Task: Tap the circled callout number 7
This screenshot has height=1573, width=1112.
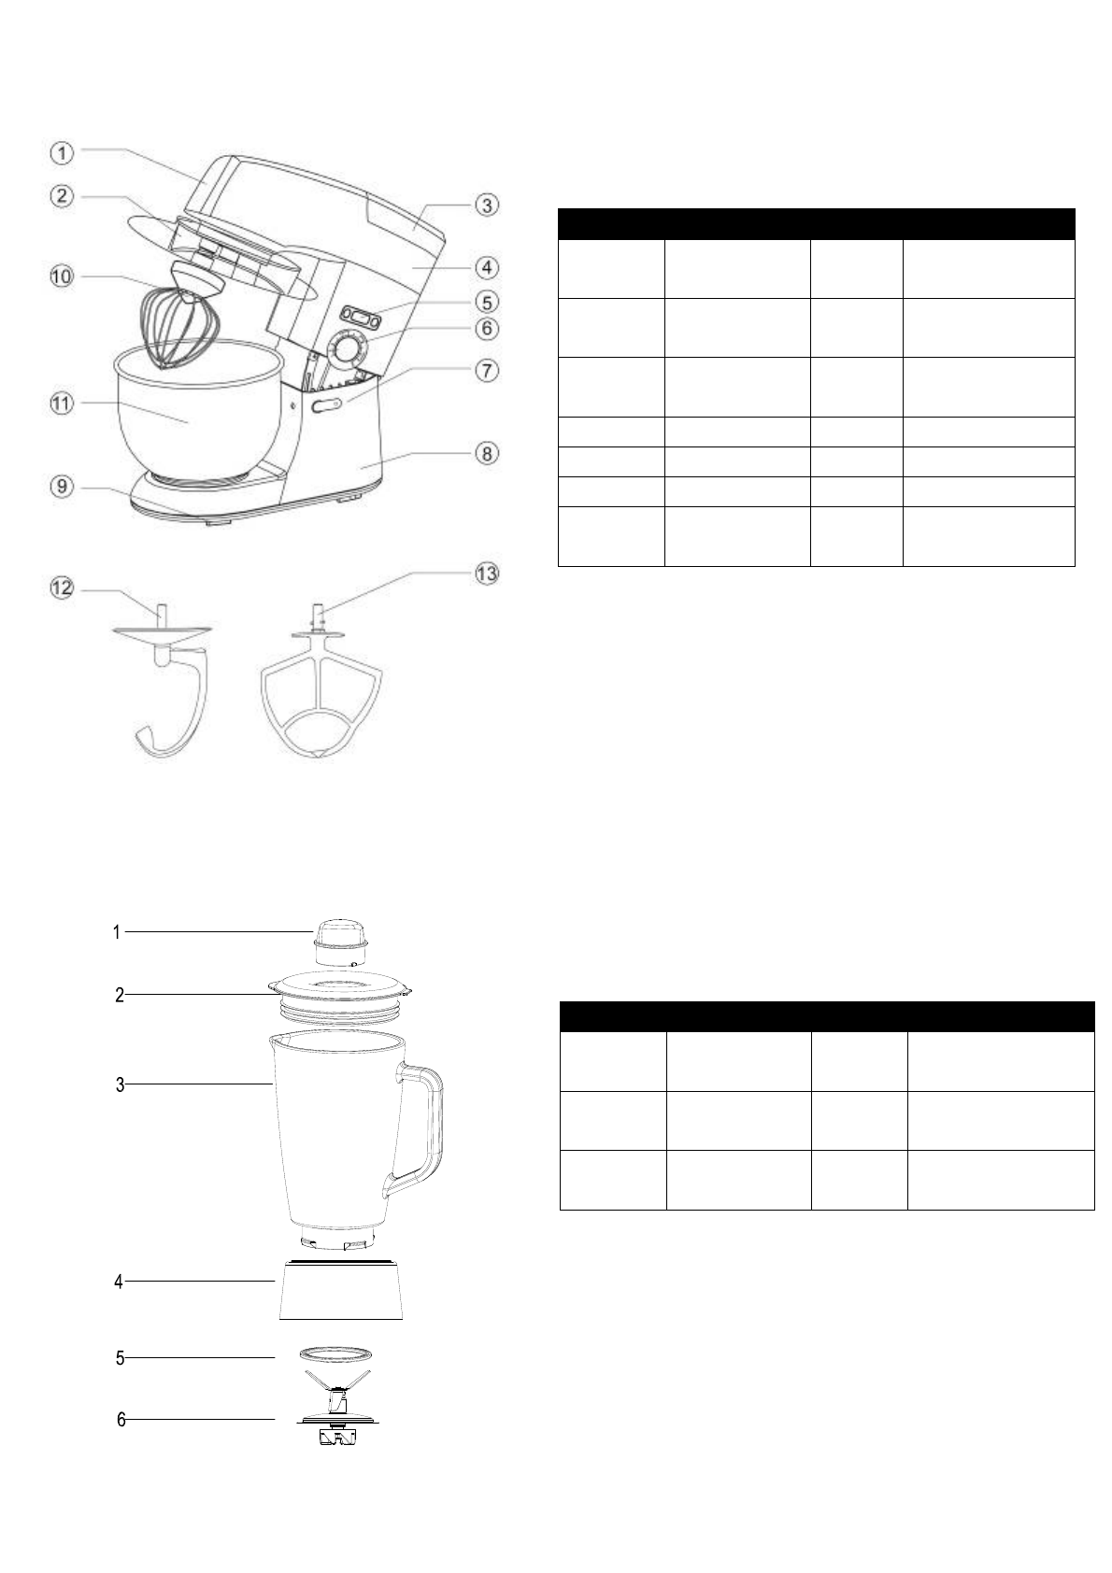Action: coord(487,370)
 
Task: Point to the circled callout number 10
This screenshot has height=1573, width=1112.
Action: coord(62,277)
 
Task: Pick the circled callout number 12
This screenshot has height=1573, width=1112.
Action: coord(62,588)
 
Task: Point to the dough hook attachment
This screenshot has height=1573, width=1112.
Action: coord(168,691)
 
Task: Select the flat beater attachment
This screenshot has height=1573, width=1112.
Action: coord(317,691)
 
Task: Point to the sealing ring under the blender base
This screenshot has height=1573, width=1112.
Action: coord(338,1355)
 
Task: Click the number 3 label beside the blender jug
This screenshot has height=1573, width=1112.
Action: coord(120,1084)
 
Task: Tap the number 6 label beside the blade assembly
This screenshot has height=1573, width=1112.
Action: coord(121,1420)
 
